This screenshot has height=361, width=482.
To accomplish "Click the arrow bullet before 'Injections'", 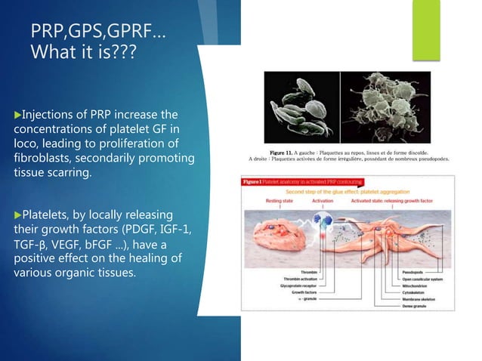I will coord(17,115).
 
